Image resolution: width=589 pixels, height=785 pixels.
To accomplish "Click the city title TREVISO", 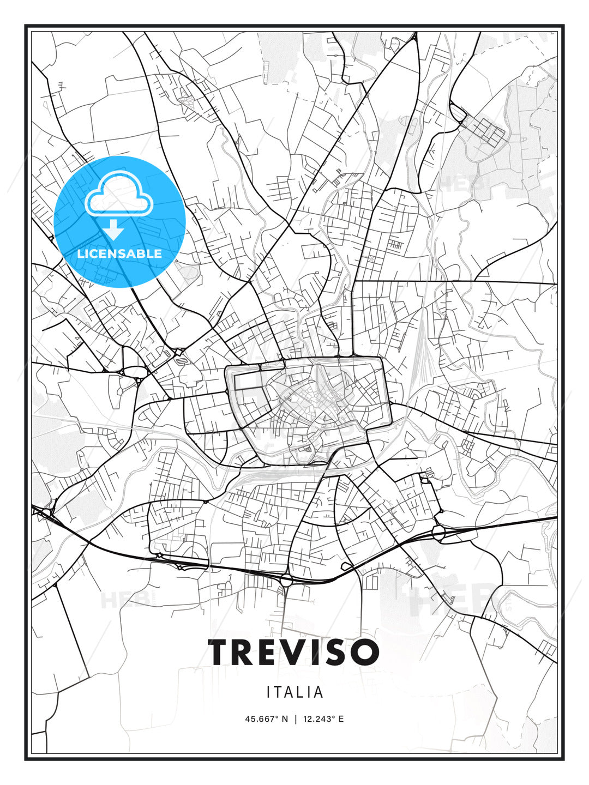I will [x=293, y=652].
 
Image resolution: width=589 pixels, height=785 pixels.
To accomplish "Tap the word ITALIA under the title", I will [x=295, y=692].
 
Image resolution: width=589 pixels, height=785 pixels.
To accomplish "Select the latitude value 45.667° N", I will [x=266, y=719].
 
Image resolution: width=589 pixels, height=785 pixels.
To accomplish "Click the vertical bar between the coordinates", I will [x=295, y=719].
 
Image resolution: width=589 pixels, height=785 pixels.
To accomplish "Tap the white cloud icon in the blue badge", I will [x=119, y=194].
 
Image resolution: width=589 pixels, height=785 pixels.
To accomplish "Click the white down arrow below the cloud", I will [x=115, y=230].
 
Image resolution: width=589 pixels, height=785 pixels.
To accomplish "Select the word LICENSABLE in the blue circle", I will [x=119, y=253].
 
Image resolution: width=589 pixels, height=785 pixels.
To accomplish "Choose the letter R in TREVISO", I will [x=248, y=652].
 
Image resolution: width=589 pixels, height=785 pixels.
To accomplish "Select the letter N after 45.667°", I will [x=284, y=719].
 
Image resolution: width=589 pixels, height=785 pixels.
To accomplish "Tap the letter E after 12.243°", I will [x=341, y=719].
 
